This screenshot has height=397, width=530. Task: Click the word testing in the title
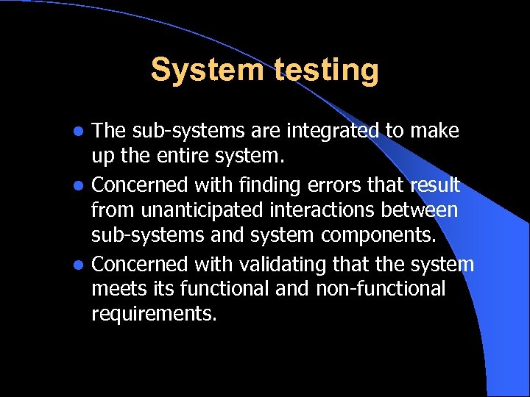coord(327,71)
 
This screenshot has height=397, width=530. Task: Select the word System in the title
coord(207,71)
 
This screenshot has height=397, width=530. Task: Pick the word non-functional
coord(381,289)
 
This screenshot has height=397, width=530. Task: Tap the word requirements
coord(154,315)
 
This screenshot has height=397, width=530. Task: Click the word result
coord(434,184)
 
